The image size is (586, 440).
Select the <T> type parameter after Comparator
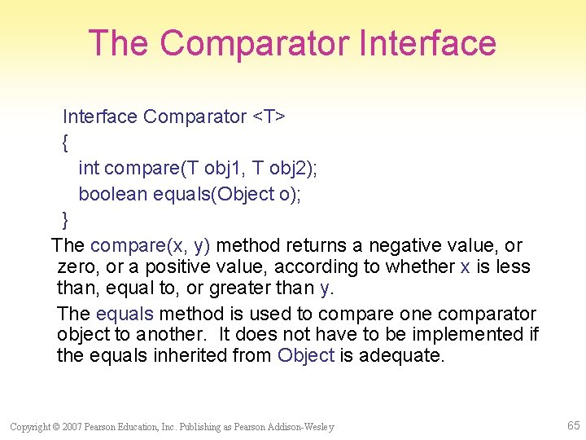pos(268,117)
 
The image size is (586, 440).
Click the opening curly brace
pos(65,143)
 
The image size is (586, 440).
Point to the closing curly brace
pos(65,219)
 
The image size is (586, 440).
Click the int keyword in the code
pos(89,168)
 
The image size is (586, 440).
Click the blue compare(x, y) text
pos(151,245)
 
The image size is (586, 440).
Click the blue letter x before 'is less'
pos(465,266)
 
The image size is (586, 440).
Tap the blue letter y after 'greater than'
pos(326,288)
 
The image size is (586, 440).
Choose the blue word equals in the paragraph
pos(125,314)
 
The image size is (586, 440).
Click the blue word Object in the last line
pos(306,355)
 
